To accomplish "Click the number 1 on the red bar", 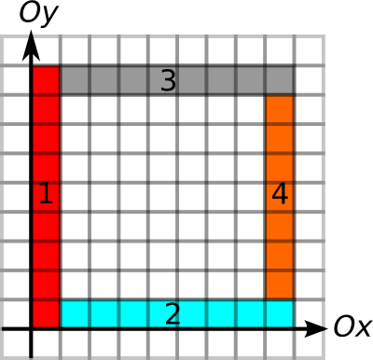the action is point(46,193).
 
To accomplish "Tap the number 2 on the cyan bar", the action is point(173,314).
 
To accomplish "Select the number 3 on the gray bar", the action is point(168,80).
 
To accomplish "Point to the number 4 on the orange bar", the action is point(280,193).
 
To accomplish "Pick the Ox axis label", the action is point(352,326).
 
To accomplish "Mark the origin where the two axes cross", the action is point(31,328).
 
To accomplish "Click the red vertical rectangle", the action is point(46,197).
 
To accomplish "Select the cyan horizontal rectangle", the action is point(177,313).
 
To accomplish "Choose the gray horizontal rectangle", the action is point(177,80).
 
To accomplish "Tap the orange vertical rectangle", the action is point(280,197).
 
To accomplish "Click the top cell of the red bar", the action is point(46,80).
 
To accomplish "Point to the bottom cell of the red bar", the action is point(46,314).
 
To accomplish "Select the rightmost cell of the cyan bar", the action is point(280,314).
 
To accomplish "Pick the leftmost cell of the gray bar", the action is point(75,80).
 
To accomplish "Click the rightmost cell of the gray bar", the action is point(280,80).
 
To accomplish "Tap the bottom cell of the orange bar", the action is point(280,285).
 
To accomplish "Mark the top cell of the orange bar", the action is point(280,109).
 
